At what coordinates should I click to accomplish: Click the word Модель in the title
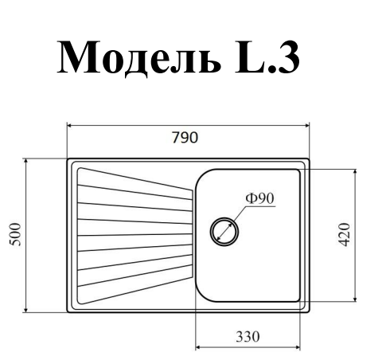pos(138,58)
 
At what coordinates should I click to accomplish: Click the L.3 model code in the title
pos(267,57)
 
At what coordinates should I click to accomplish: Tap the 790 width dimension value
pos(185,138)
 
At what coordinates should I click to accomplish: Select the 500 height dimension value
pos(15,235)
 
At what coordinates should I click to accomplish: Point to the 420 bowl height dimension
pos(345,235)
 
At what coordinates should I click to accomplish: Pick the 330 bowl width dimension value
pos(248,336)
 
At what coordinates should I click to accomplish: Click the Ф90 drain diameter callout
pos(259,198)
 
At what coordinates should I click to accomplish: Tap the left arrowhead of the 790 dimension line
pos(70,125)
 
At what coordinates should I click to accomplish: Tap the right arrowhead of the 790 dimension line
pos(306,125)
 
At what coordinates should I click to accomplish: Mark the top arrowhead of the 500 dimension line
pos(25,162)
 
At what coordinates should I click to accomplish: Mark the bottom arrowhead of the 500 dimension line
pos(25,309)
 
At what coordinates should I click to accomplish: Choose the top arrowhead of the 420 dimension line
pos(355,172)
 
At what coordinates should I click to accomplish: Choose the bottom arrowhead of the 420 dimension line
pos(355,299)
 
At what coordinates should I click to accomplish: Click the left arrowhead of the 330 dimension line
pos(199,347)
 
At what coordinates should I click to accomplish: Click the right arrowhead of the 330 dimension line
pos(297,347)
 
